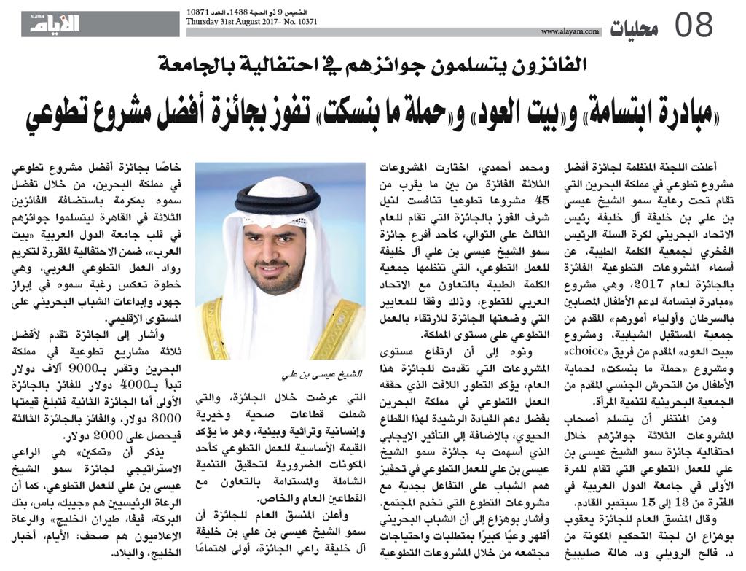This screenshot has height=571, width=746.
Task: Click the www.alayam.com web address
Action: pos(570,31)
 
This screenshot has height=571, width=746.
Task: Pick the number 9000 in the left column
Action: pos(122,368)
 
